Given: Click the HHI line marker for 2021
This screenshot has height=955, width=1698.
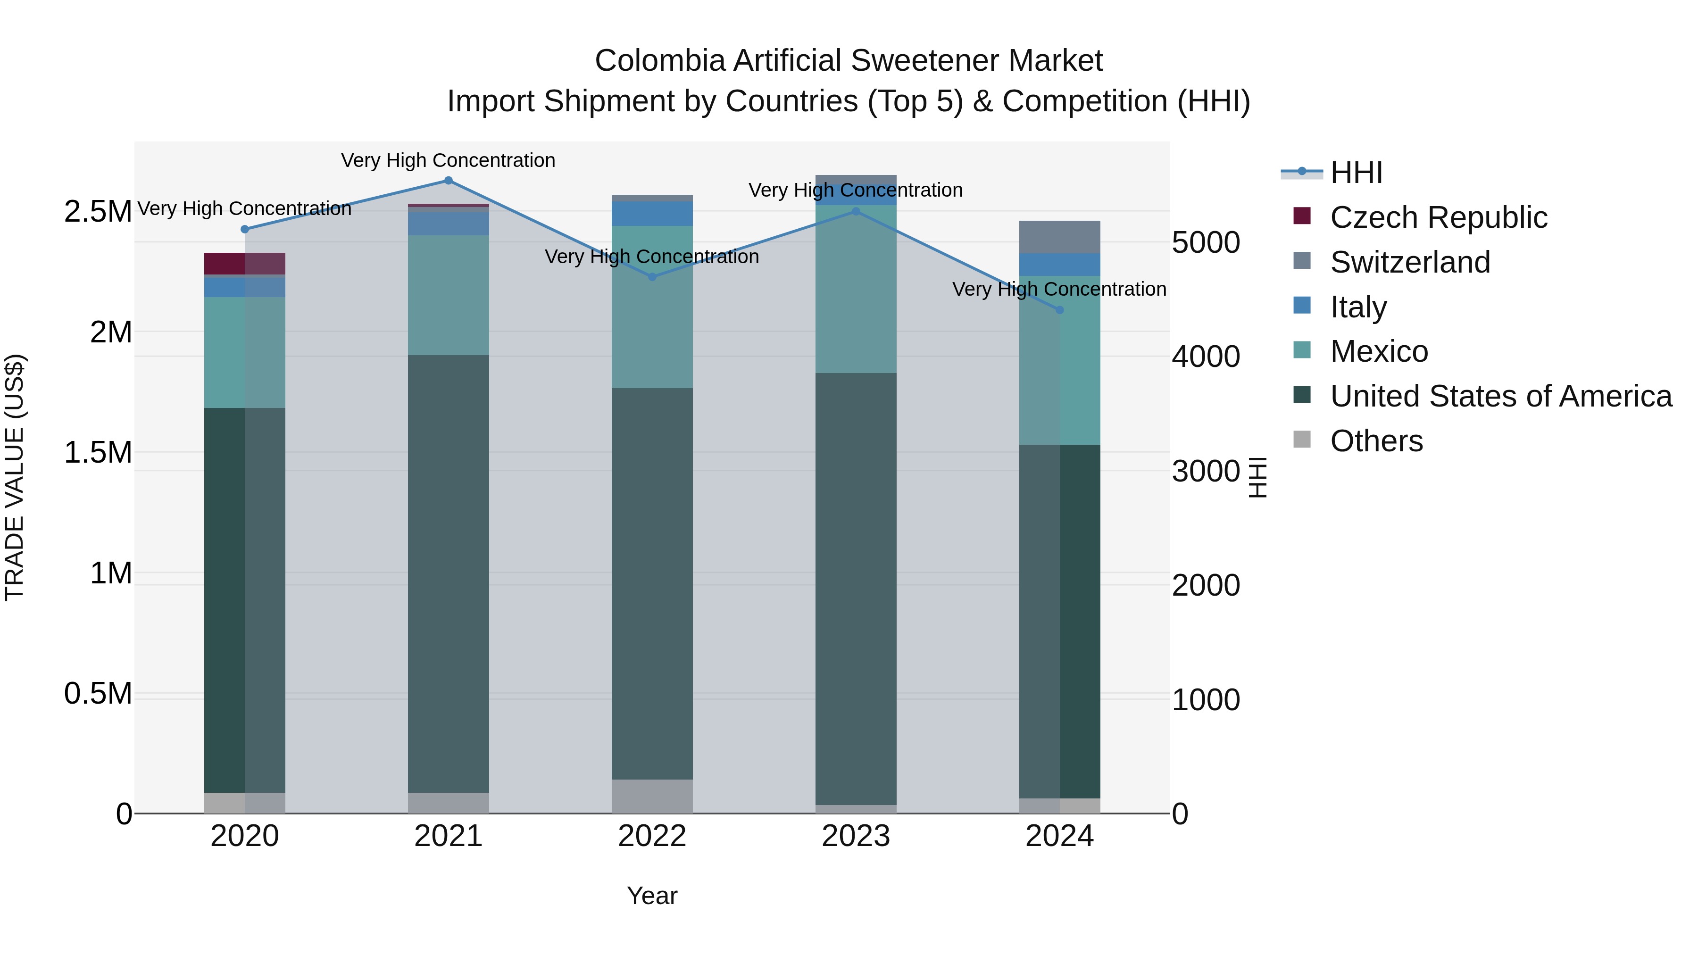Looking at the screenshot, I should (x=448, y=181).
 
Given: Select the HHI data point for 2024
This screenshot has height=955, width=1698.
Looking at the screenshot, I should (x=1059, y=310).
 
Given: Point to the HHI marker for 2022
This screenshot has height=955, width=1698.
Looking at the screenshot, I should (x=652, y=277).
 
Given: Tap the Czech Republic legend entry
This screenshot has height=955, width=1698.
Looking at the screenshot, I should (x=1438, y=217).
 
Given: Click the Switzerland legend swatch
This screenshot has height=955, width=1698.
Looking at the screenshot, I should (x=1302, y=261).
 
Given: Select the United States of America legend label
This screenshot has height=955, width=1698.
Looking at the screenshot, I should (x=1501, y=396).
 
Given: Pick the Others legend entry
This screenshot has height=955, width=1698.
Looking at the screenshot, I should (x=1376, y=441).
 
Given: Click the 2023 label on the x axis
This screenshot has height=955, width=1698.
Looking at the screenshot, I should (x=856, y=836).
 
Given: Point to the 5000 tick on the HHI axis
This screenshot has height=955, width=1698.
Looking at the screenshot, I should (x=1206, y=242).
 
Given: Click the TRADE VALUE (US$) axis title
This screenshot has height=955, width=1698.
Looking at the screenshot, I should (x=15, y=477).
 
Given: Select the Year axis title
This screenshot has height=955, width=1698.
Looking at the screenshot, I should (x=652, y=896).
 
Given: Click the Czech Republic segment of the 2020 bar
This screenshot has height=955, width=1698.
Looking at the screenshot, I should (x=244, y=263).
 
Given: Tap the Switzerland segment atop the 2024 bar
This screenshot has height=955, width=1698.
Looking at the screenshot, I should (x=1059, y=237).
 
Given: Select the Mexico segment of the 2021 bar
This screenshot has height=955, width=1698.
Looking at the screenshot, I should (x=448, y=295).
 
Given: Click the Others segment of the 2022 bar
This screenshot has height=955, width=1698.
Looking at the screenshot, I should (x=652, y=796).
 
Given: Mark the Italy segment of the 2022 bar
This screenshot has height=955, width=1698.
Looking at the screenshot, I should (x=652, y=214).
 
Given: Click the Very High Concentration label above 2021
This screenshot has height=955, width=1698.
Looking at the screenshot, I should (x=448, y=161).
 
